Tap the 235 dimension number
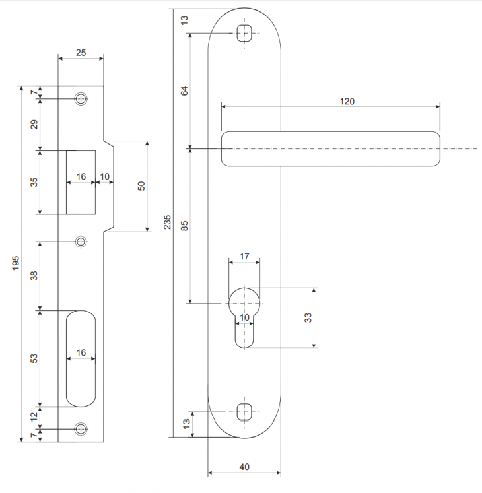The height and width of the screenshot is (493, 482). click(167, 222)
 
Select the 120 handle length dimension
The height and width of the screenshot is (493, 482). click(347, 101)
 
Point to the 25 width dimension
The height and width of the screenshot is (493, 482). click(81, 53)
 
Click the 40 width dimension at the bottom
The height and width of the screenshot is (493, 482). click(244, 467)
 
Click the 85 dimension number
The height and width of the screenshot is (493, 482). click(185, 225)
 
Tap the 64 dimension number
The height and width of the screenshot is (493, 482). click(185, 91)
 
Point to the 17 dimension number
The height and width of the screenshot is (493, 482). click(244, 256)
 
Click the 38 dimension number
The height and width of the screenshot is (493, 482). click(35, 275)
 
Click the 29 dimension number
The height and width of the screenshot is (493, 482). click(35, 123)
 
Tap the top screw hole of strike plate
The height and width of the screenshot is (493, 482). click(81, 99)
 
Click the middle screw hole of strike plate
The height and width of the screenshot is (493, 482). click(81, 241)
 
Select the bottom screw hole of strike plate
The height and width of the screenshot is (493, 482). click(81, 428)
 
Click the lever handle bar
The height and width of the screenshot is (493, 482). click(330, 149)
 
